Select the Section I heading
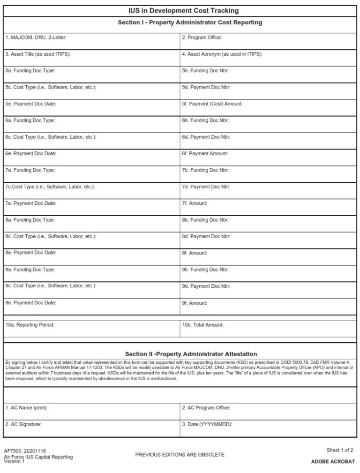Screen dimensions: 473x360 click(x=190, y=23)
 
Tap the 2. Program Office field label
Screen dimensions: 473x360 click(x=202, y=38)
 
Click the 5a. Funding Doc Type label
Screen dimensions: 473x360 click(x=30, y=71)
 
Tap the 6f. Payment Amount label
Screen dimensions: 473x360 click(x=205, y=154)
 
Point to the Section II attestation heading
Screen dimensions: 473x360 click(x=191, y=354)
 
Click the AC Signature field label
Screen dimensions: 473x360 click(x=23, y=424)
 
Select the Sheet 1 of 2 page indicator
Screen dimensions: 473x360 click(x=339, y=450)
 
